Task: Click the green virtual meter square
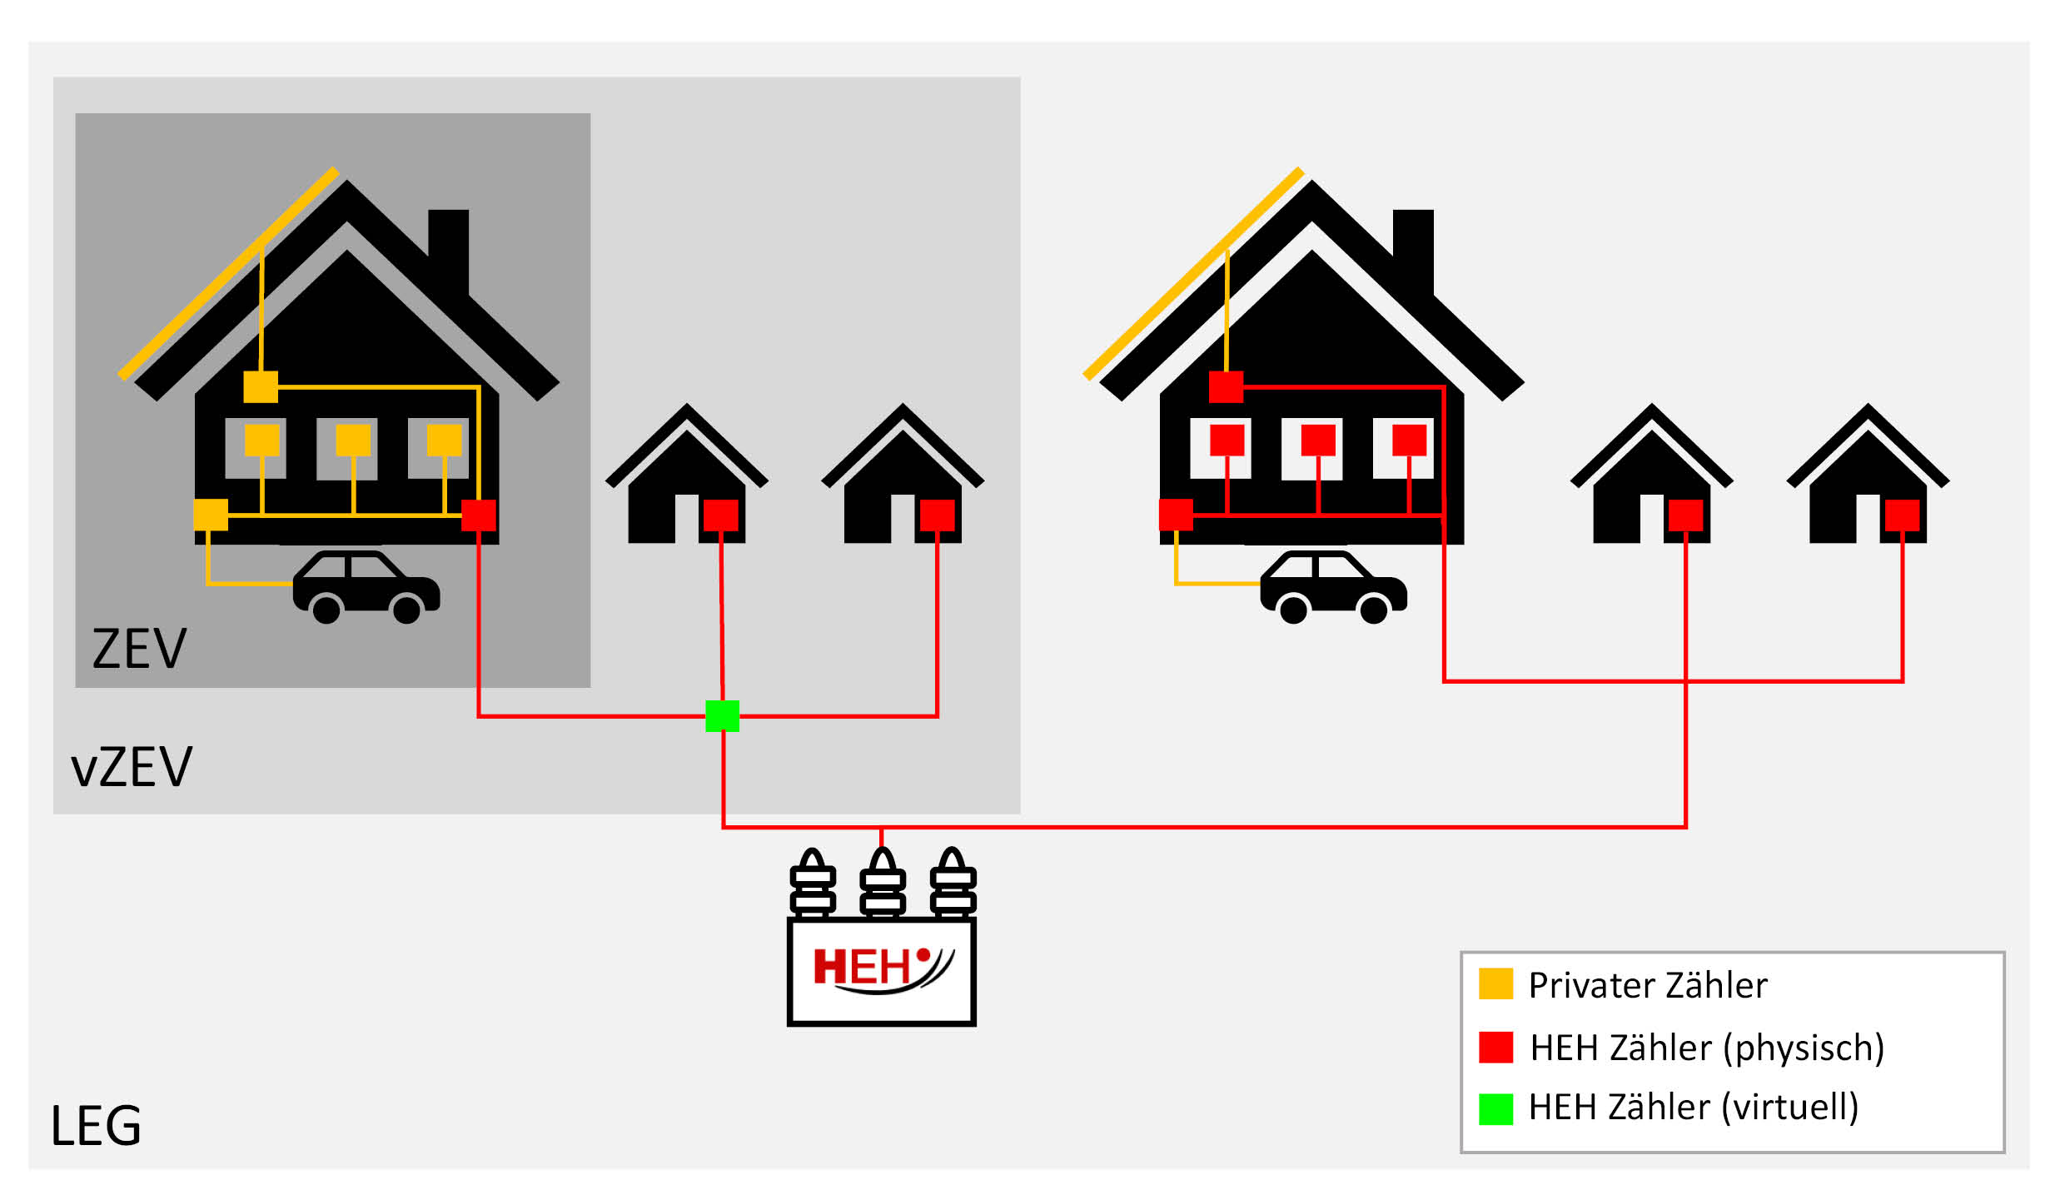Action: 722,716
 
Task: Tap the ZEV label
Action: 139,649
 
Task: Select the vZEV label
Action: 132,767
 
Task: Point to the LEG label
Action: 96,1126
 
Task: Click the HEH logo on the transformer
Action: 882,968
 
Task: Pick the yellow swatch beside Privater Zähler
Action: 1495,984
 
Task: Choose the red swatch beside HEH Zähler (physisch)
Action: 1495,1047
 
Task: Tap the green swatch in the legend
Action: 1495,1108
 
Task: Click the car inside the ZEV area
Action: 366,586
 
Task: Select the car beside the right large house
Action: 1333,586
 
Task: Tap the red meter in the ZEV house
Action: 479,515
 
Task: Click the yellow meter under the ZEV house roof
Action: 261,387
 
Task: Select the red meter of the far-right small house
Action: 1902,515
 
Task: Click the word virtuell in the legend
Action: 1789,1108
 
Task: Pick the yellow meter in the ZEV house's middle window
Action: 353,441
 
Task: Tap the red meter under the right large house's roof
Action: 1226,387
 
